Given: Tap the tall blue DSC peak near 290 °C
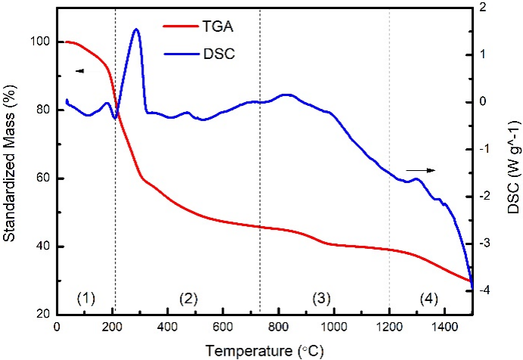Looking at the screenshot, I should [x=136, y=30].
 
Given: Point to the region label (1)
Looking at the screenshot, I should [x=86, y=298].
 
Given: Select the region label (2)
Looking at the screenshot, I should [x=187, y=298].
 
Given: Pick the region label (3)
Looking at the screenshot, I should [x=320, y=298].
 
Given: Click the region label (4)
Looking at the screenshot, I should [x=429, y=298].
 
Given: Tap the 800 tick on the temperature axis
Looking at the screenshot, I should [x=278, y=326].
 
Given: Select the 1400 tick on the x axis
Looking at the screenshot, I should [x=444, y=326].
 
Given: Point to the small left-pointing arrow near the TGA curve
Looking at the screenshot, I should [x=79, y=70].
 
